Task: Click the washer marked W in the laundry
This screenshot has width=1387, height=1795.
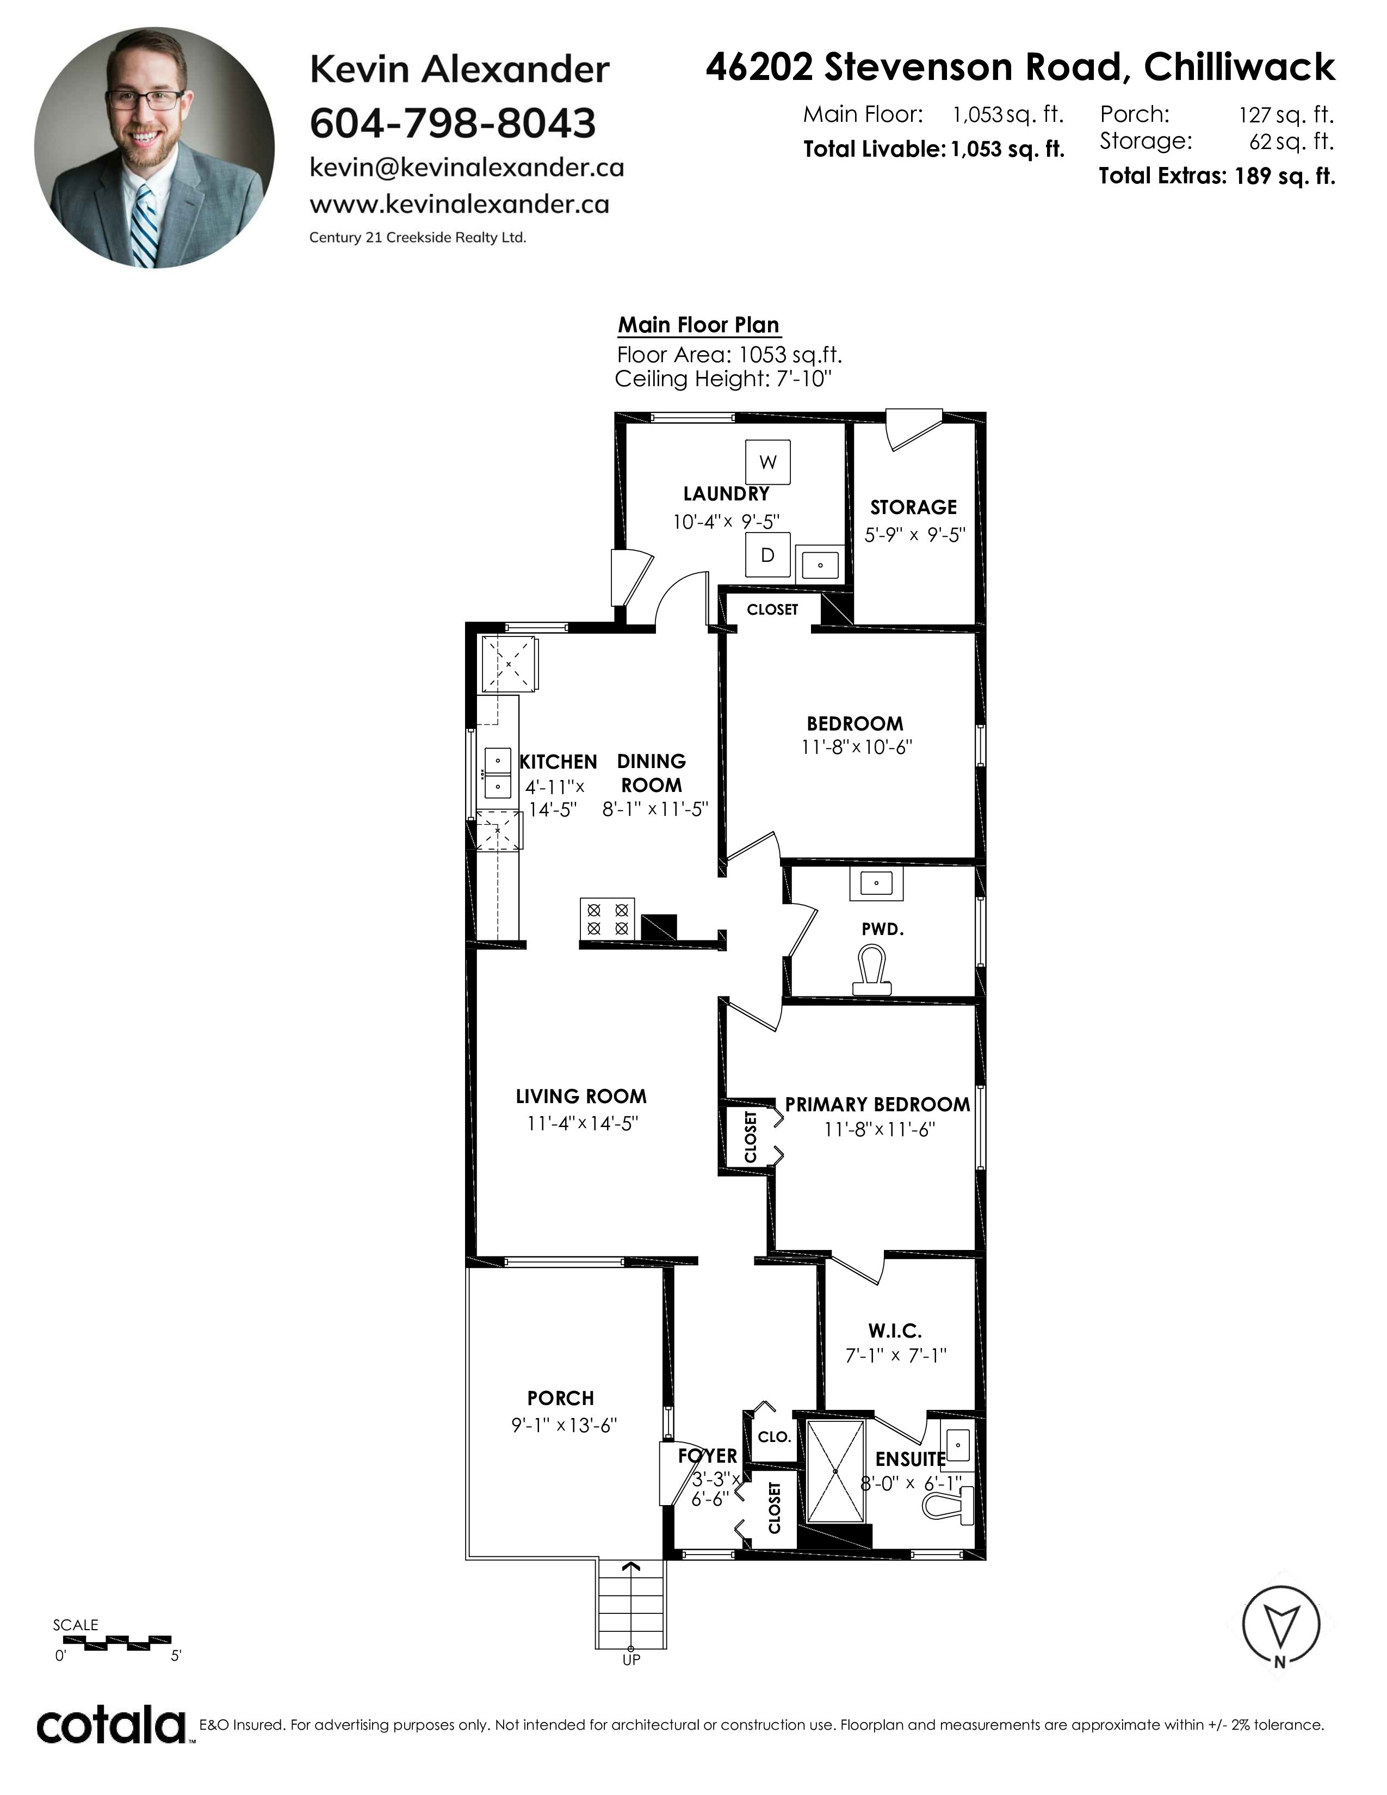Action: tap(767, 462)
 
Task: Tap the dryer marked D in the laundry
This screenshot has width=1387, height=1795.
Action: tap(767, 555)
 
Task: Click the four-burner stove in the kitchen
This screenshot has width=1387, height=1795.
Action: tap(608, 918)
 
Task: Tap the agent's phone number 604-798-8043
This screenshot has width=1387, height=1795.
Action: tap(453, 123)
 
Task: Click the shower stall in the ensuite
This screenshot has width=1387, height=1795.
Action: tap(835, 1471)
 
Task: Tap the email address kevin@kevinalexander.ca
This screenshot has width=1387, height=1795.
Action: tap(467, 168)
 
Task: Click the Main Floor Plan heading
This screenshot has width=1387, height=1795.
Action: tap(698, 325)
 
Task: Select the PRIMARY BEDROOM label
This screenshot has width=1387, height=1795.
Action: tap(877, 1105)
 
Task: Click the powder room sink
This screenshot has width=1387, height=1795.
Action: tap(877, 883)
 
